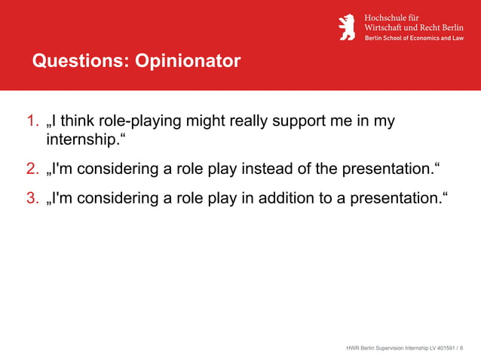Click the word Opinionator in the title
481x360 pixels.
coord(188,61)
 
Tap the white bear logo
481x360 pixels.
coord(347,27)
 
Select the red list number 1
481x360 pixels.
coord(32,121)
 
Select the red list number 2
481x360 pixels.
coord(32,168)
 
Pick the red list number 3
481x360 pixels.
coord(32,198)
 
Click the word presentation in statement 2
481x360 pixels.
coord(384,168)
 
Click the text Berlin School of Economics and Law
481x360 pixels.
coord(414,38)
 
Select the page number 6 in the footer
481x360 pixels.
coord(461,348)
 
